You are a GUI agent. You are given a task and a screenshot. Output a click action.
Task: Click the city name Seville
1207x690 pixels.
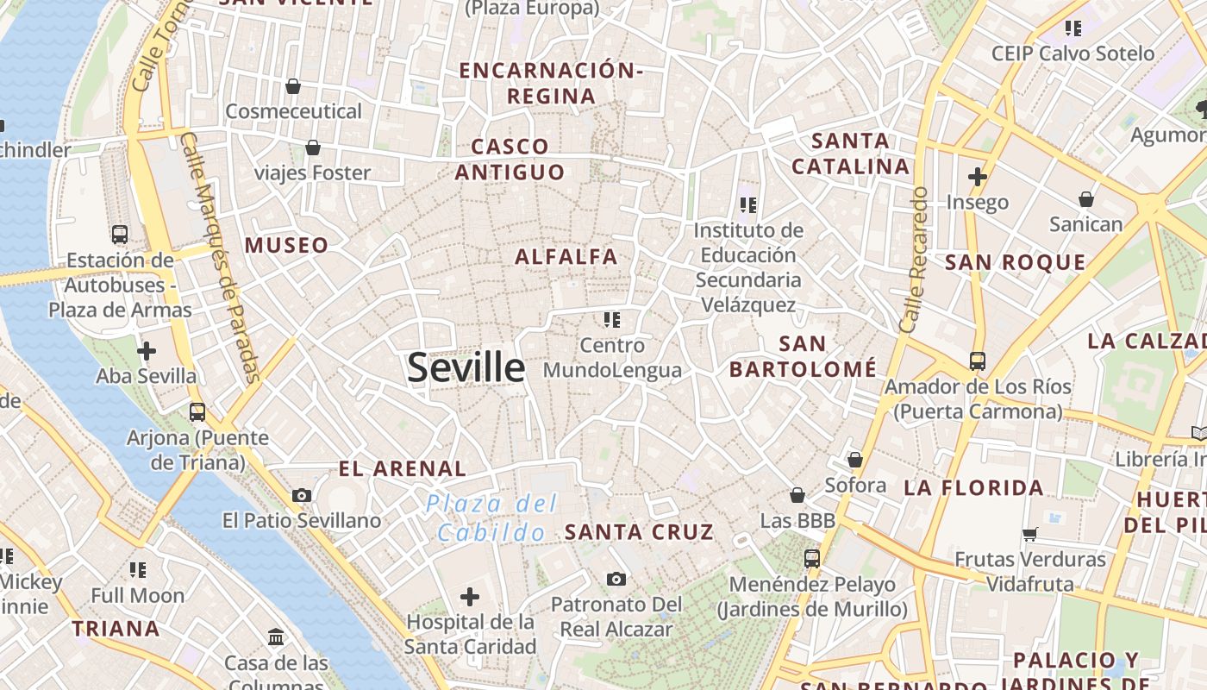466,368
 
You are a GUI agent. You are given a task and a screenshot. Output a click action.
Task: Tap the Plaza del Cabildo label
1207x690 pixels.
491,517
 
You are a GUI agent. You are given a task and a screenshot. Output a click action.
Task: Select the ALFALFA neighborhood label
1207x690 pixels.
566,256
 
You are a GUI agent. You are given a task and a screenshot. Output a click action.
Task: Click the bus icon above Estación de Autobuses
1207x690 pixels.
120,235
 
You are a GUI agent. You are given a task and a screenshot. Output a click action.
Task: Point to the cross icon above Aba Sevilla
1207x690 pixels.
147,351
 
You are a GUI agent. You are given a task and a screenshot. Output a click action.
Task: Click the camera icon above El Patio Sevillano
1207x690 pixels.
302,495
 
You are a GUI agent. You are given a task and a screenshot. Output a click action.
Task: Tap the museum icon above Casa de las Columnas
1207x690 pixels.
276,637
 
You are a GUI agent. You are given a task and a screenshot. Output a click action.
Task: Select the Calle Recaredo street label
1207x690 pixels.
912,259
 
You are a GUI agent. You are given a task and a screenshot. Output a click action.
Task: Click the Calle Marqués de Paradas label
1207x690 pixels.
220,259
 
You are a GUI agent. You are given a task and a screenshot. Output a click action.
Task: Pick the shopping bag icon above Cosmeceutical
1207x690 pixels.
293,86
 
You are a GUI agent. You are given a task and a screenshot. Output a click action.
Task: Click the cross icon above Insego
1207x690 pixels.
977,177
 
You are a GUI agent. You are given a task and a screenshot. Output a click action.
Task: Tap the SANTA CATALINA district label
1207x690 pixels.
851,154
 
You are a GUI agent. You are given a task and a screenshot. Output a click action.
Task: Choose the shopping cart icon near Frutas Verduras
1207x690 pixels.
1029,535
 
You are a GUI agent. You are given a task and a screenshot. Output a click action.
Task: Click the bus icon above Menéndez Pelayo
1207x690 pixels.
811,559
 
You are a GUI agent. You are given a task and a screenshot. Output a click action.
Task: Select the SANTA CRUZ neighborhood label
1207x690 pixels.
639,532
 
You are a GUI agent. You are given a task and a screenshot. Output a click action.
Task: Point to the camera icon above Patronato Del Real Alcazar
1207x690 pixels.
616,579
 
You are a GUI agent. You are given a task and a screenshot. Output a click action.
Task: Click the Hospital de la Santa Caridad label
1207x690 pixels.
470,634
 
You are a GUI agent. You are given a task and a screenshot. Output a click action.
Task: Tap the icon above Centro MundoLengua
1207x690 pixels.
612,320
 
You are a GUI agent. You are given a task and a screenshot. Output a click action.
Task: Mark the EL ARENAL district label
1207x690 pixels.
402,469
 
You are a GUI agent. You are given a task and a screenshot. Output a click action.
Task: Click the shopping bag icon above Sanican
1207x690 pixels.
1086,199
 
